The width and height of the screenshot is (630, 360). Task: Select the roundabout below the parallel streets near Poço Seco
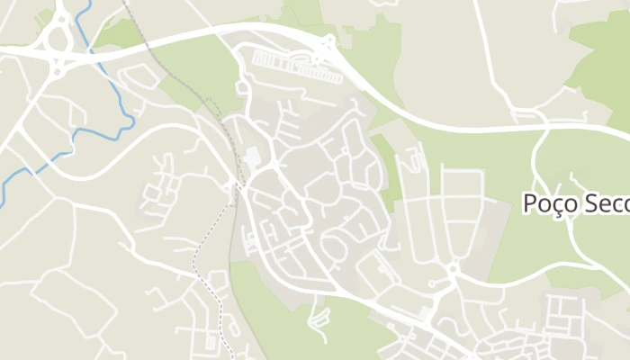(x=454, y=267)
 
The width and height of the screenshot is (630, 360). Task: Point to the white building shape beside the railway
(x=253, y=158)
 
